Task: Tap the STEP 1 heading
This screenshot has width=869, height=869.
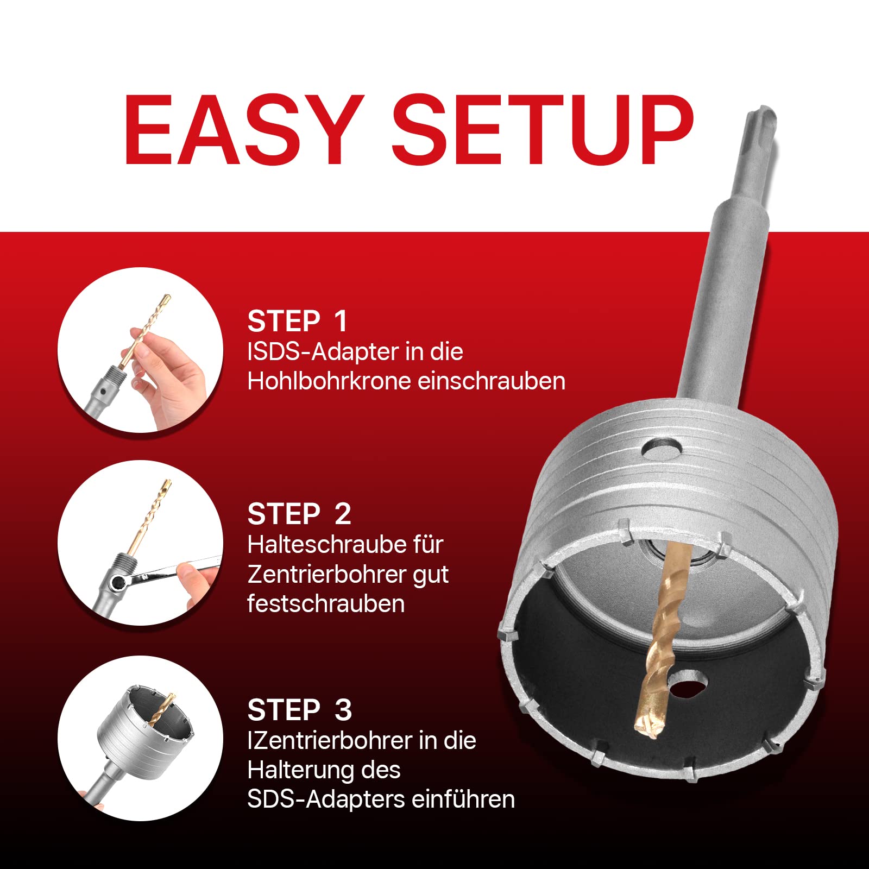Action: [297, 321]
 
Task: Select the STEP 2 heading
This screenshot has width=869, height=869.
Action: [299, 514]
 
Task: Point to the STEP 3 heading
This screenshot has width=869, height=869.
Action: [300, 710]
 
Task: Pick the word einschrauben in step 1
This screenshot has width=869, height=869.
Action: [492, 381]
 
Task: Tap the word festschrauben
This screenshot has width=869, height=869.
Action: [326, 603]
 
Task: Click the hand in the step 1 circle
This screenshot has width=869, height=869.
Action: [171, 375]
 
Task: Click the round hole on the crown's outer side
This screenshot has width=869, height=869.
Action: [660, 448]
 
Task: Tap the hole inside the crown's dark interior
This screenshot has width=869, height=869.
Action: [687, 685]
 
